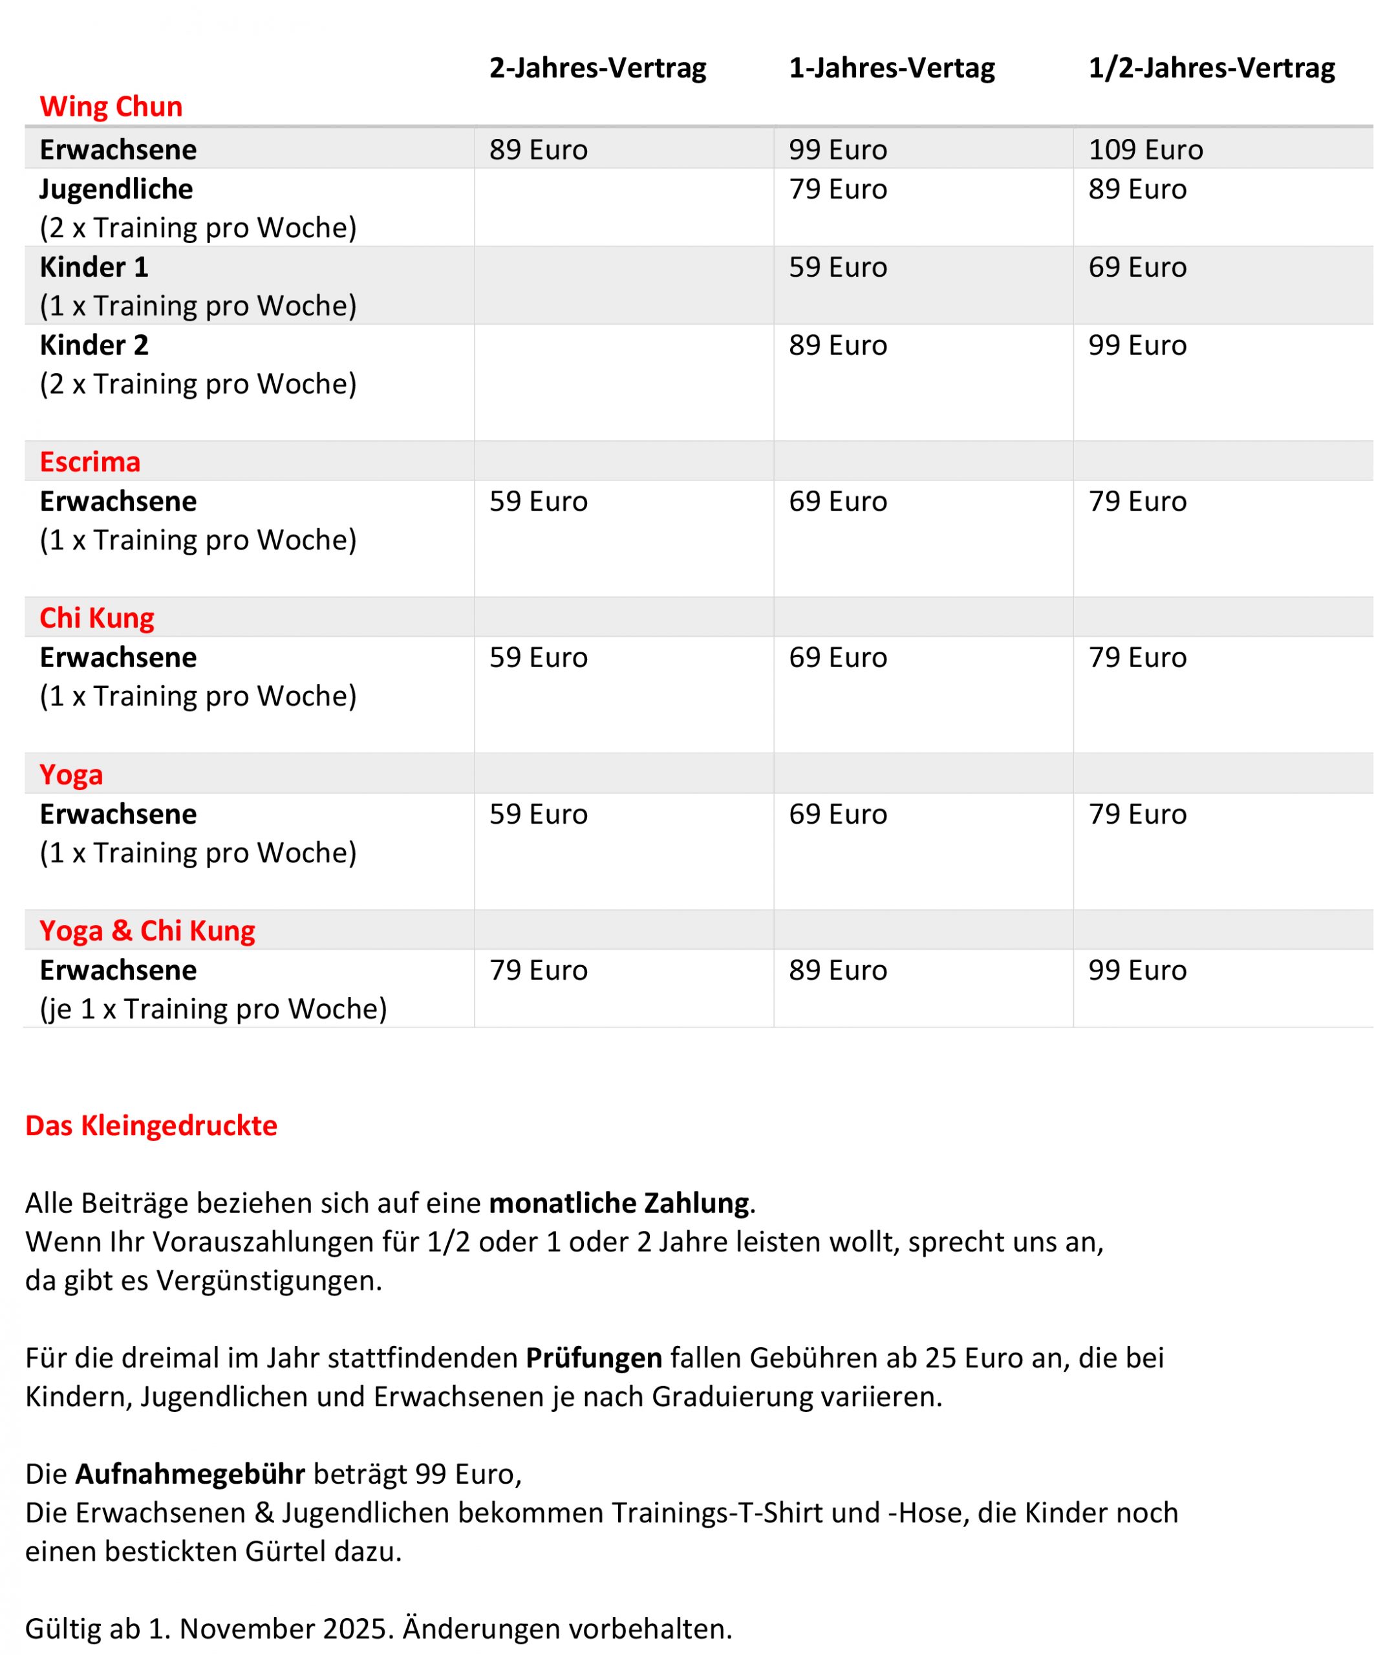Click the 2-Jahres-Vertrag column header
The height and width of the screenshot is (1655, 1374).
pyautogui.click(x=597, y=68)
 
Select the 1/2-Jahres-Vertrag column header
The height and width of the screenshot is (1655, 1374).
pyautogui.click(x=1211, y=68)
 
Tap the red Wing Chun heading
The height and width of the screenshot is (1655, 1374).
pyautogui.click(x=111, y=107)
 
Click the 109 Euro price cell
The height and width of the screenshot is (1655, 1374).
pyautogui.click(x=1144, y=150)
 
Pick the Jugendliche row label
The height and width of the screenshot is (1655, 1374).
pyautogui.click(x=116, y=189)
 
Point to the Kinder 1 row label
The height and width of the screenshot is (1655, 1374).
pyautogui.click(x=94, y=267)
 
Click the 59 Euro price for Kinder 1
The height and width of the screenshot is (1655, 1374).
pyautogui.click(x=837, y=267)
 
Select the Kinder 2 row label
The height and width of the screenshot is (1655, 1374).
pyautogui.click(x=94, y=345)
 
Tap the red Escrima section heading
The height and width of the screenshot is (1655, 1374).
pyautogui.click(x=90, y=462)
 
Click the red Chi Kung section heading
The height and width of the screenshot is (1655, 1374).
pyautogui.click(x=97, y=618)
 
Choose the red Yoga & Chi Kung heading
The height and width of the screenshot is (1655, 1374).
pyautogui.click(x=147, y=931)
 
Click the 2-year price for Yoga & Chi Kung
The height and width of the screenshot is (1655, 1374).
pyautogui.click(x=539, y=970)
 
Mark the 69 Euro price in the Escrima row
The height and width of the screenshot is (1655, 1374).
pyautogui.click(x=837, y=501)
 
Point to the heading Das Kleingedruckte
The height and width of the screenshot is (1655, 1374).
pyautogui.click(x=151, y=1126)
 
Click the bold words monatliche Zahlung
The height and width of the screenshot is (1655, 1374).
pyautogui.click(x=618, y=1203)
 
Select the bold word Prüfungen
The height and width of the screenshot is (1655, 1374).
pyautogui.click(x=594, y=1358)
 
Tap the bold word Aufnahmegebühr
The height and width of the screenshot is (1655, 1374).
pyautogui.click(x=190, y=1474)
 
